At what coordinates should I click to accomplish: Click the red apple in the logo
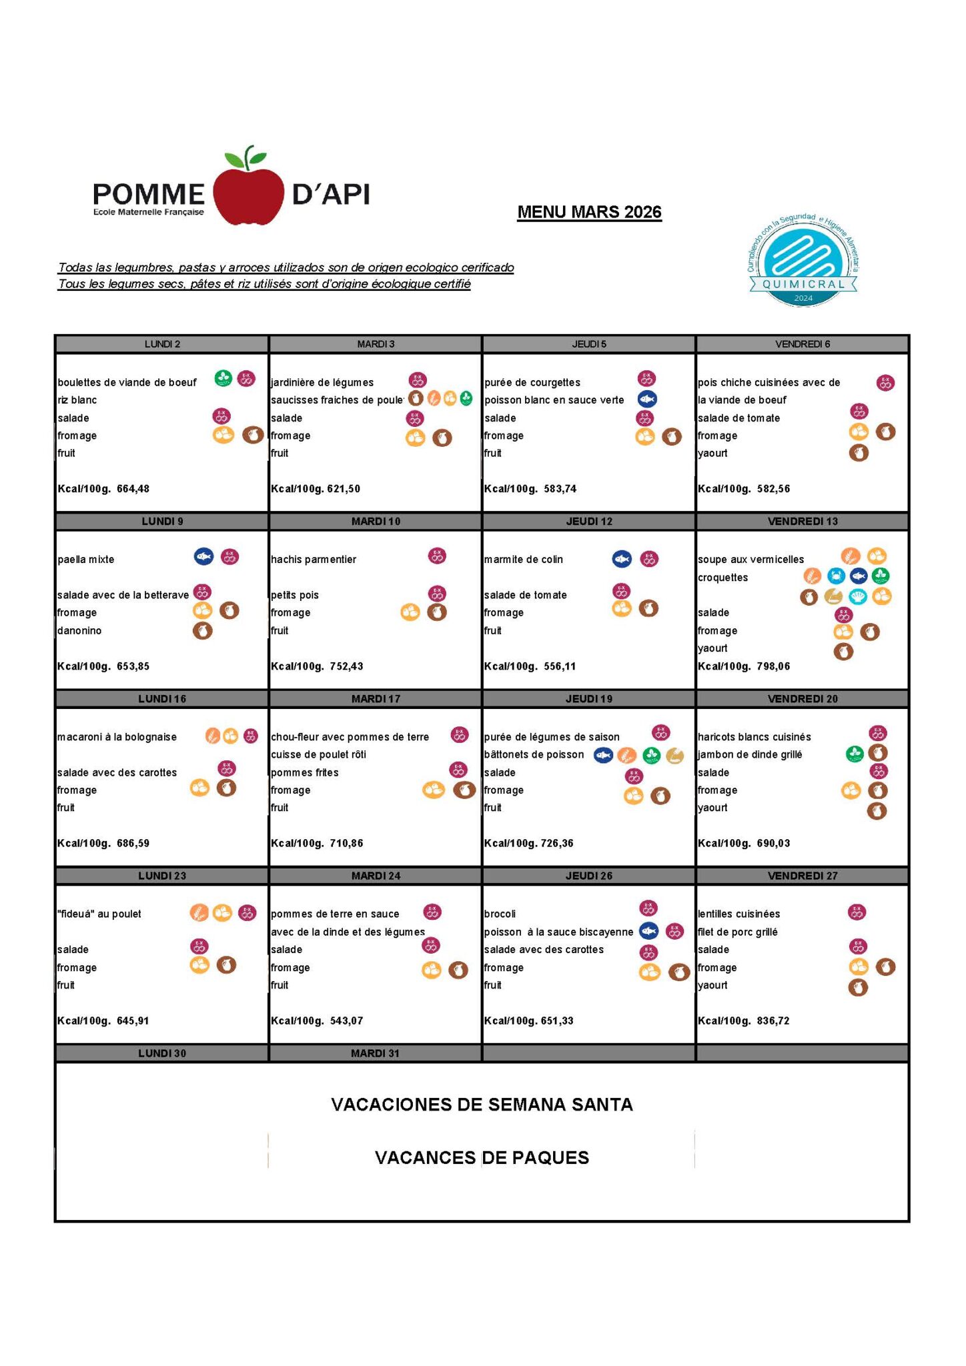(x=248, y=194)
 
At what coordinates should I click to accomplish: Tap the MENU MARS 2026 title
(x=589, y=212)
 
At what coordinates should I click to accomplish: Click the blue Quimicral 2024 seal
(x=803, y=262)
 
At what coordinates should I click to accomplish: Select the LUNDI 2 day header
(x=162, y=344)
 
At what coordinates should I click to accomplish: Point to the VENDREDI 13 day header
(x=803, y=522)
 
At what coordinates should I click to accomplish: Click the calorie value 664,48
(x=133, y=489)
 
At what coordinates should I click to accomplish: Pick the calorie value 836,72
(x=773, y=1020)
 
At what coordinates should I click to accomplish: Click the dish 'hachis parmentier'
(x=314, y=560)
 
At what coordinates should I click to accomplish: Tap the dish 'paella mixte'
(x=86, y=560)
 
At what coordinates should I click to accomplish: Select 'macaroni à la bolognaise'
(x=117, y=737)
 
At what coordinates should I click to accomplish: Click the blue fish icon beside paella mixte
(x=203, y=557)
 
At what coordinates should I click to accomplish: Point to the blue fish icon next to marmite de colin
(x=622, y=559)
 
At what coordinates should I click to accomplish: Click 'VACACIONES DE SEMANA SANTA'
(x=482, y=1105)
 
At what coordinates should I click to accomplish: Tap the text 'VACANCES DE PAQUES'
(x=482, y=1157)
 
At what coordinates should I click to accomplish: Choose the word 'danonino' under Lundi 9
(x=79, y=630)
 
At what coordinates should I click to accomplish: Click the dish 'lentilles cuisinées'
(x=739, y=914)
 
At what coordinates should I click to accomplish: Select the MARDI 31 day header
(x=375, y=1053)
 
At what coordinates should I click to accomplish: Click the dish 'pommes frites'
(x=305, y=772)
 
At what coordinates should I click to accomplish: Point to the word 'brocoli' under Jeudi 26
(x=500, y=914)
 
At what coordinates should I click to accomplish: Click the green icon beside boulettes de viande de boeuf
(x=223, y=379)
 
